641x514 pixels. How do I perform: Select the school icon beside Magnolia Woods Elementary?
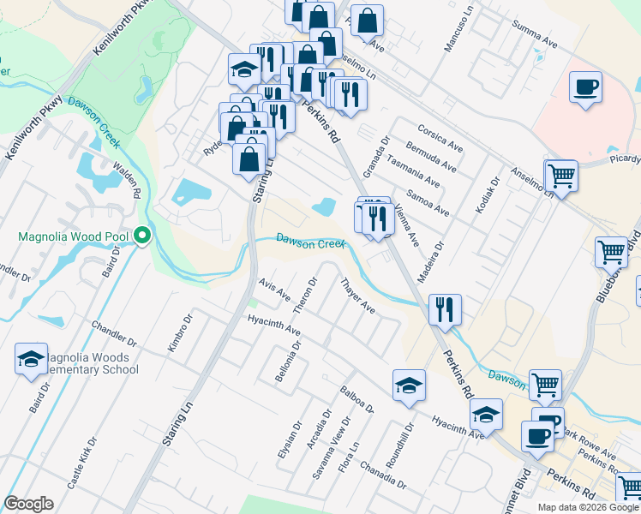(x=32, y=360)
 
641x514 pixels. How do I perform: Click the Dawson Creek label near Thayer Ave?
(x=309, y=242)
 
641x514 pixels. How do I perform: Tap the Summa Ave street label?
(x=535, y=37)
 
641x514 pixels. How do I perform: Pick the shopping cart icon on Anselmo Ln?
(x=561, y=176)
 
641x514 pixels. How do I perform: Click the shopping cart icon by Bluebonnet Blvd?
(x=612, y=253)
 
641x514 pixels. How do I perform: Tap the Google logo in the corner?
(x=29, y=504)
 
